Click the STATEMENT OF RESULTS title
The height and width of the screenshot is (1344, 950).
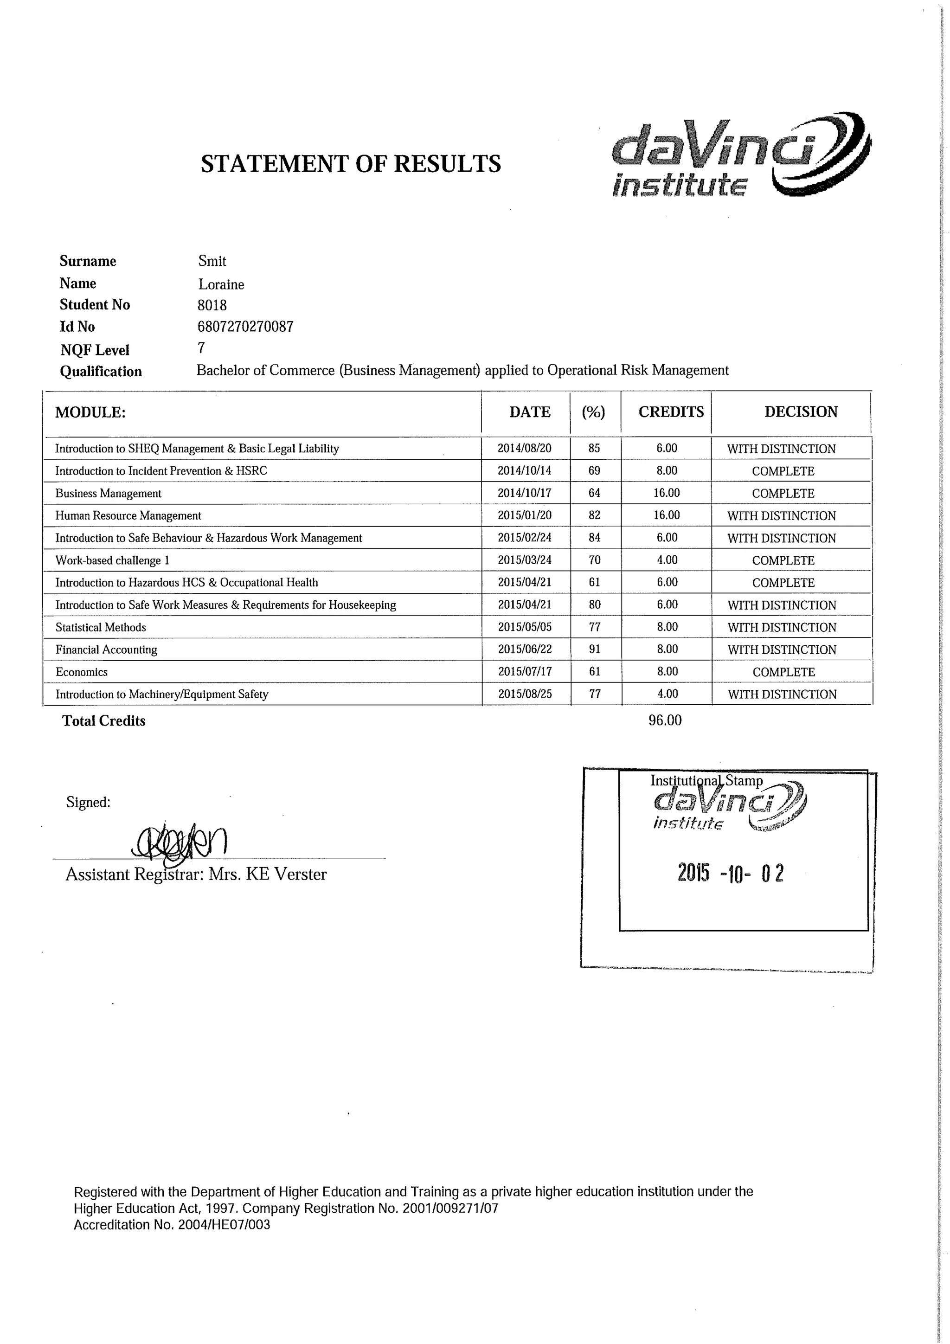351,164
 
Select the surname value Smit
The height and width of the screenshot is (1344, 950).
212,261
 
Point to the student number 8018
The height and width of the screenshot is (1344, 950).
212,305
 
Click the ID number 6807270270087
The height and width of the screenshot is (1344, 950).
245,327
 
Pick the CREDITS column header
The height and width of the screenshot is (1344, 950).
671,412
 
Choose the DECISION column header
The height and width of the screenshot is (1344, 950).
800,412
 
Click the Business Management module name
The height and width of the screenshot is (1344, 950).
108,494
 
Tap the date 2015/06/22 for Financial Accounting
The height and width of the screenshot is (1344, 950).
525,649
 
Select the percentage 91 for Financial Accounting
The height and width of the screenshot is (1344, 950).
594,649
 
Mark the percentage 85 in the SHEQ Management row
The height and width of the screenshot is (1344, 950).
594,449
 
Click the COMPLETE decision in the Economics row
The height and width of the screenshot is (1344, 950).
783,672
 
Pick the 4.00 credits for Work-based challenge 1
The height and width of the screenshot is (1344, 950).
667,560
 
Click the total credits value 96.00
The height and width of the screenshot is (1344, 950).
665,720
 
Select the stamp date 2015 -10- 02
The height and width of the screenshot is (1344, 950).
731,874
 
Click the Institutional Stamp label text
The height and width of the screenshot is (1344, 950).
706,781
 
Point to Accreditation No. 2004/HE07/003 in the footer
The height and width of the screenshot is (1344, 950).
172,1225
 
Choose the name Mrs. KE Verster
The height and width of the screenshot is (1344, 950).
268,875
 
